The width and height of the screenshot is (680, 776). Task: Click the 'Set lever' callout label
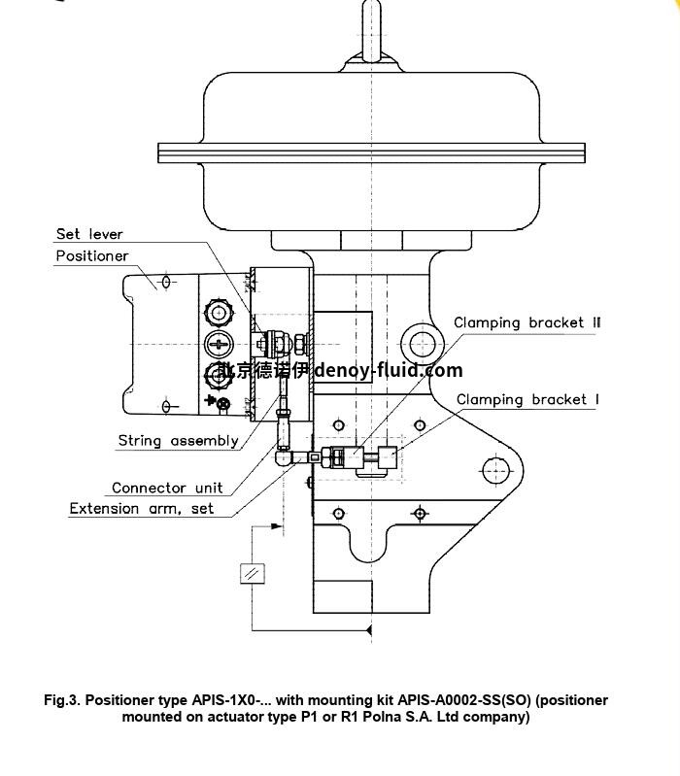[89, 234]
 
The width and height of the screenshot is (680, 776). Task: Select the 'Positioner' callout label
[91, 256]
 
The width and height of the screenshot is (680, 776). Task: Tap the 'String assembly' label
[178, 441]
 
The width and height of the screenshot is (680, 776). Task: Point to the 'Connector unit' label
[167, 488]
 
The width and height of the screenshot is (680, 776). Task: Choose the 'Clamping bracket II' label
[527, 322]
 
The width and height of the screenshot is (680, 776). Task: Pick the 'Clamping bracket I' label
[527, 399]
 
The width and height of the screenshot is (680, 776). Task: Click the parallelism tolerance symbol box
[252, 573]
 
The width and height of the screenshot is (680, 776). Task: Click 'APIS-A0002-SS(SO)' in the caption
[470, 700]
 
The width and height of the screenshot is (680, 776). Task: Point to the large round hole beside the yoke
[423, 343]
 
